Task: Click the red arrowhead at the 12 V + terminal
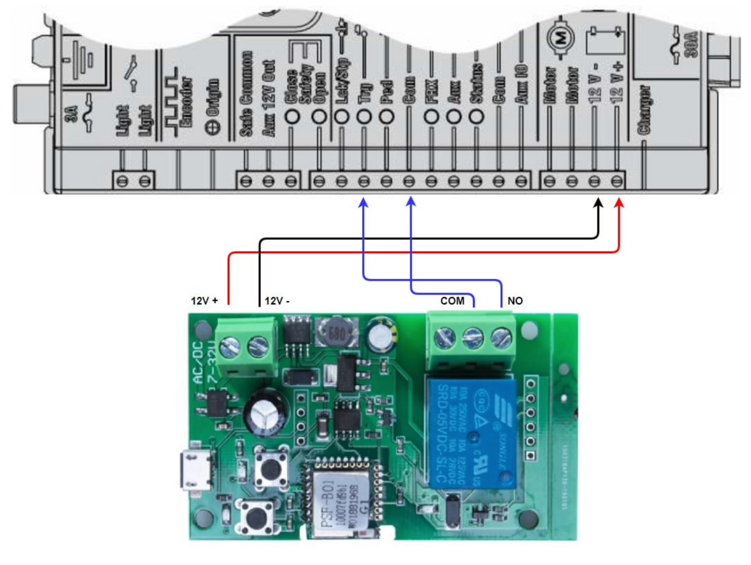coord(618,203)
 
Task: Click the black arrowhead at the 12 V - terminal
coord(598,203)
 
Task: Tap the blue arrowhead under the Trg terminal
coord(364,203)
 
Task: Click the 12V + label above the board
coord(204,301)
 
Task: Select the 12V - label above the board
coord(277,301)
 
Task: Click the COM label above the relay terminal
coord(452,301)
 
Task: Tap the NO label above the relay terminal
coord(515,301)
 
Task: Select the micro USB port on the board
coord(196,470)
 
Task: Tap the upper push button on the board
coord(271,468)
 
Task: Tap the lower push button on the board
coord(256,517)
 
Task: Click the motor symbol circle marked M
coord(560,37)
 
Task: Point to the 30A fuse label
coord(691,45)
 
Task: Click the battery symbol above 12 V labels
coord(605,42)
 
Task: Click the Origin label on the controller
coord(213,107)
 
